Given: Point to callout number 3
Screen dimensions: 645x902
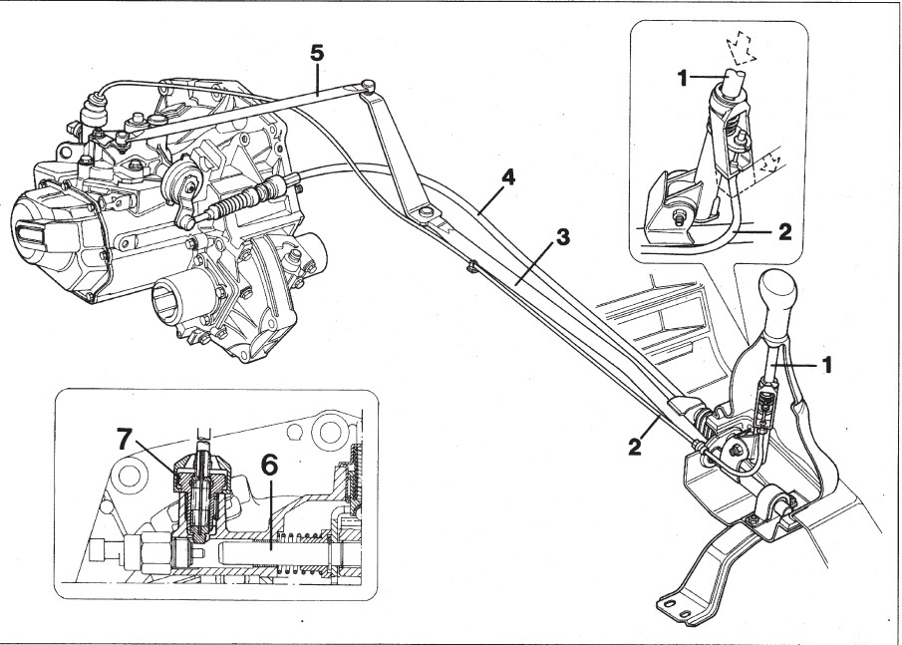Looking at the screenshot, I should (563, 238).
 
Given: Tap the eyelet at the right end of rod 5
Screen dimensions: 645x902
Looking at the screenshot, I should (370, 85).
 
